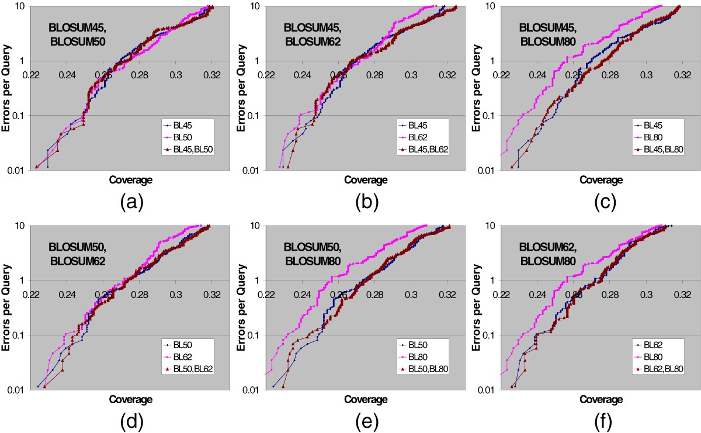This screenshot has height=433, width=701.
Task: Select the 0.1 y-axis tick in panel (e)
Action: [256, 335]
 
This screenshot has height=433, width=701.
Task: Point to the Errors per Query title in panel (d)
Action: [8, 307]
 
